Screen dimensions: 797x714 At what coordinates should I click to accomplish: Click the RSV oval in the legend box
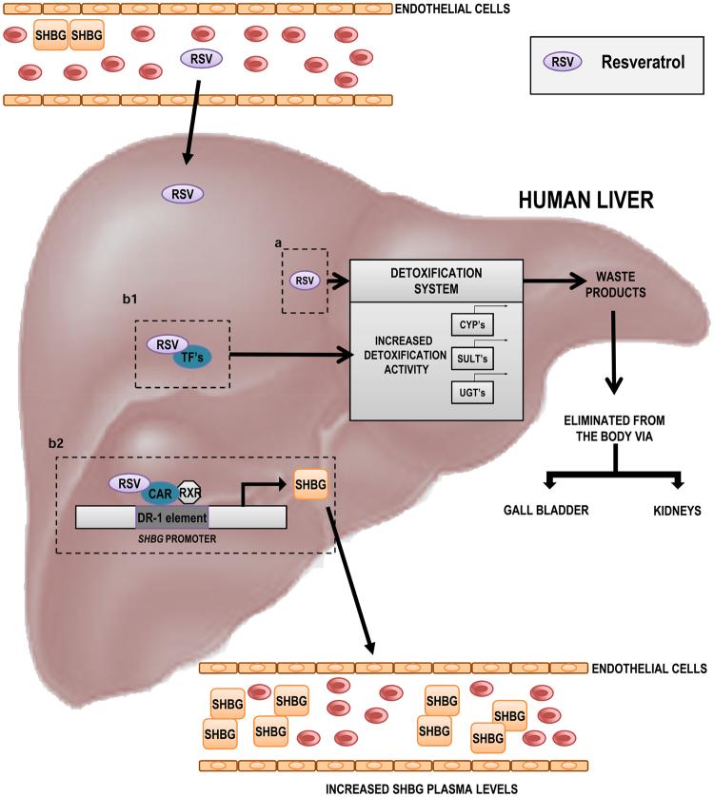[x=562, y=64]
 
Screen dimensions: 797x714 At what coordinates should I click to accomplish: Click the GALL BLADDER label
[x=545, y=511]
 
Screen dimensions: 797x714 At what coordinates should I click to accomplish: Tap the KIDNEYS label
[x=678, y=511]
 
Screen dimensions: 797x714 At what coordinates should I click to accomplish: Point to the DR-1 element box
[x=171, y=516]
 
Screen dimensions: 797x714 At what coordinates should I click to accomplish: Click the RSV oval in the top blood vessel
[x=202, y=59]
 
